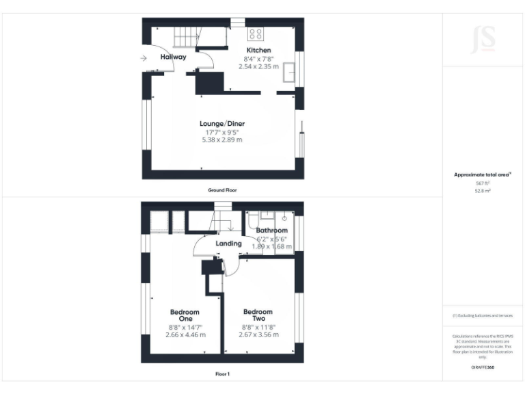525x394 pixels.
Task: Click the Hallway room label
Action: pyautogui.click(x=173, y=57)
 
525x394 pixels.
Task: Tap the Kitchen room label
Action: pyautogui.click(x=258, y=50)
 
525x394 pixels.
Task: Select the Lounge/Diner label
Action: pyautogui.click(x=222, y=123)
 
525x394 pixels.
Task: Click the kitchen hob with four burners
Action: pyautogui.click(x=256, y=33)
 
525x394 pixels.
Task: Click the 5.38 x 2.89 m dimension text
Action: pyautogui.click(x=222, y=140)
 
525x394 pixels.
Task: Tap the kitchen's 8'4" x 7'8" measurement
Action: pyautogui.click(x=258, y=59)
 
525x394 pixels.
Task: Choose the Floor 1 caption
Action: pyautogui.click(x=222, y=374)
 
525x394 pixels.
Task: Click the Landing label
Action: pyautogui.click(x=228, y=244)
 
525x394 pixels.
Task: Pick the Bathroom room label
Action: pyautogui.click(x=271, y=231)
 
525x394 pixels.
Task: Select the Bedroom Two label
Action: pyautogui.click(x=258, y=315)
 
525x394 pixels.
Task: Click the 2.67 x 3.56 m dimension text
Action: pyautogui.click(x=258, y=335)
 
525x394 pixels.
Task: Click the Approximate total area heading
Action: pyautogui.click(x=482, y=175)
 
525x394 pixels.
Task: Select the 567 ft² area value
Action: pyautogui.click(x=482, y=183)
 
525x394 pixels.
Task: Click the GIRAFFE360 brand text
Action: pyautogui.click(x=482, y=367)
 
